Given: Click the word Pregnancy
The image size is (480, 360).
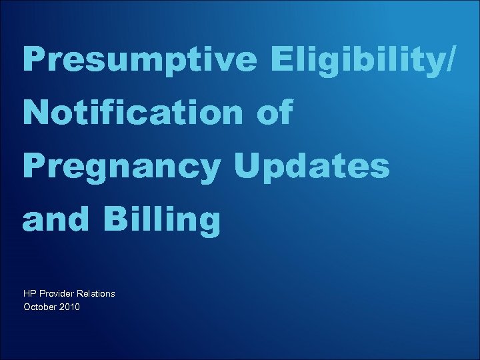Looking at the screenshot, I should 126,167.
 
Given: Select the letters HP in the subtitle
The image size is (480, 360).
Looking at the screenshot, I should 30,293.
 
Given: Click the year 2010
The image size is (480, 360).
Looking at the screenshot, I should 69,307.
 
